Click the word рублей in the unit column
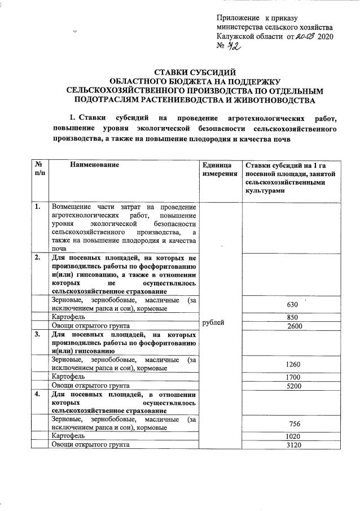pyautogui.click(x=213, y=322)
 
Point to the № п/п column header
pyautogui.click(x=39, y=169)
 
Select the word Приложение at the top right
pyautogui.click(x=239, y=19)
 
